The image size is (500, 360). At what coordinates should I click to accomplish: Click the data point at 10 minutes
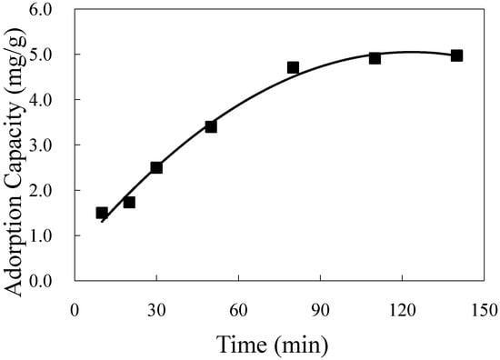[102, 213]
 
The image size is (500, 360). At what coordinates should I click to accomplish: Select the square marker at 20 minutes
[129, 202]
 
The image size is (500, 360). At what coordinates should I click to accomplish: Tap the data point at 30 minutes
[156, 167]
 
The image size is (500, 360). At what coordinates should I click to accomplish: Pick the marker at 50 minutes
[211, 126]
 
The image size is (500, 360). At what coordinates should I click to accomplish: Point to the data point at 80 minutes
[293, 67]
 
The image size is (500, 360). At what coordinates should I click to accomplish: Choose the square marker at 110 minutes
[375, 58]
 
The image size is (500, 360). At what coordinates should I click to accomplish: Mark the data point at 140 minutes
[456, 55]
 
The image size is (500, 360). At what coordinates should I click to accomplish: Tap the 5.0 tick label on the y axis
[52, 55]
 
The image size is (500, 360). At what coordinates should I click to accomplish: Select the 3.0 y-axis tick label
[52, 145]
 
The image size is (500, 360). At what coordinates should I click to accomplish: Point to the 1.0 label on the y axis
[52, 235]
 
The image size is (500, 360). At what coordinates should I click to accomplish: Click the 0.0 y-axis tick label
[52, 281]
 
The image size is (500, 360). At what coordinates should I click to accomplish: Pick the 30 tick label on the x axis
[156, 309]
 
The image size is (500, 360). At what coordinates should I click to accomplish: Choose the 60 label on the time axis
[238, 309]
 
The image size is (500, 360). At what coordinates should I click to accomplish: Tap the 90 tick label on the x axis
[320, 309]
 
